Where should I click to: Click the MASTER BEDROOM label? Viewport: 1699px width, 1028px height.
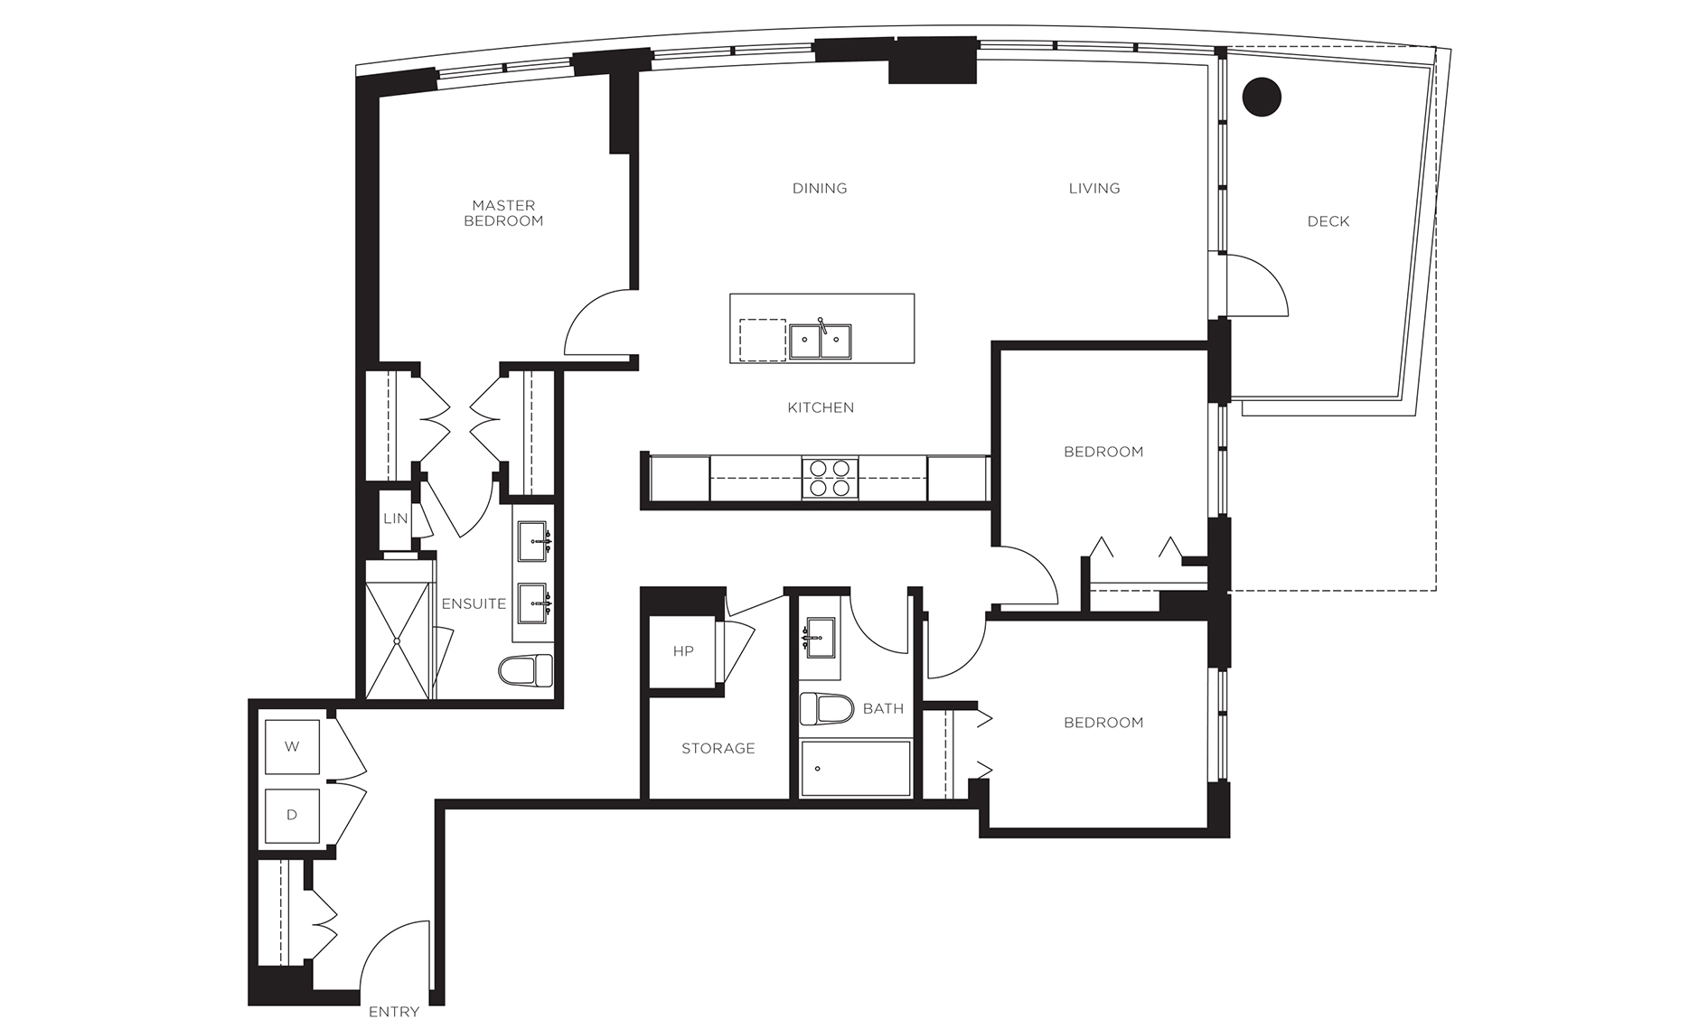pos(503,213)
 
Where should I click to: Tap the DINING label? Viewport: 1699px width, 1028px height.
pos(820,188)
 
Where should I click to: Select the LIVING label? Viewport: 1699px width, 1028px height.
pos(1094,188)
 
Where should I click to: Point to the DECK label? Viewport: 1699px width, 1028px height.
pos(1328,220)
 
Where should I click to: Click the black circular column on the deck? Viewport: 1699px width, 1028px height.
pos(1262,97)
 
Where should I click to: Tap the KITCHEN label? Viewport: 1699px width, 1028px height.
pos(821,407)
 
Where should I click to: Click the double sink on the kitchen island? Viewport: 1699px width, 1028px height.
pos(821,341)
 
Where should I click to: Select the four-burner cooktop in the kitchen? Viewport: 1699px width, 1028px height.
pos(830,478)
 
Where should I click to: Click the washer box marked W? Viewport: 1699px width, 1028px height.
pos(291,747)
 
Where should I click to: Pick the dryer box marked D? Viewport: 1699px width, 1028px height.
pos(291,816)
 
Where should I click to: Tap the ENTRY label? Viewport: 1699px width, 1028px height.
pos(394,1012)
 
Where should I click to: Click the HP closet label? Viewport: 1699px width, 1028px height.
pos(683,650)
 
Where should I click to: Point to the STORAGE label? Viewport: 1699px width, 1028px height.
pos(718,748)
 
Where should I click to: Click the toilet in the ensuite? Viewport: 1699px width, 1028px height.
pos(525,669)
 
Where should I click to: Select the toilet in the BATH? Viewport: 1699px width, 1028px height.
pos(827,709)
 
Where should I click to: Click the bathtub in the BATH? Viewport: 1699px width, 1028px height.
pos(855,769)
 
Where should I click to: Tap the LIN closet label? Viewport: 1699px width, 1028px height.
pos(396,519)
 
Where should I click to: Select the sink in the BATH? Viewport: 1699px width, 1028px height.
pos(821,640)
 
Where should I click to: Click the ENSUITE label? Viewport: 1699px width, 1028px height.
pos(474,603)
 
